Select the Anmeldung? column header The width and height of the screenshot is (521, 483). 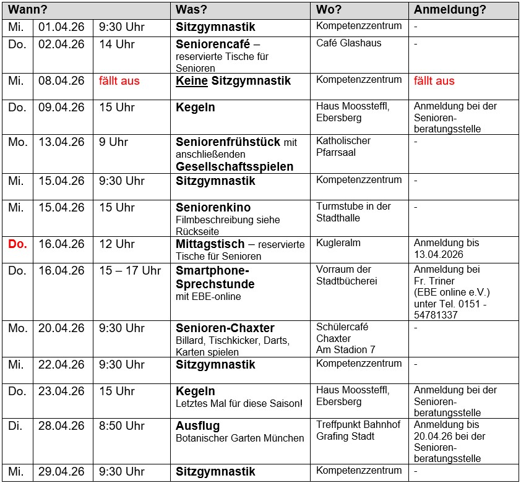450,10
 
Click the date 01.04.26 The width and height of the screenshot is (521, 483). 61,27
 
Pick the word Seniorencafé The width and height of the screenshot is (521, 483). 213,45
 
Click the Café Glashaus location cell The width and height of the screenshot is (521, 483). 348,43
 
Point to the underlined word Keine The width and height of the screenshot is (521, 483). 192,81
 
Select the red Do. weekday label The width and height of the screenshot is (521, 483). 18,244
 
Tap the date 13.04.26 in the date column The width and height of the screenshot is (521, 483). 61,142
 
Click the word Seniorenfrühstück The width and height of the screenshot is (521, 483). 228,142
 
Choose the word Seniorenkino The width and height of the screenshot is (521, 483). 213,208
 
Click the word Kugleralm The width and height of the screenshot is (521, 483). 338,243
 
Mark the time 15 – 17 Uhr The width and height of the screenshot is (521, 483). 130,271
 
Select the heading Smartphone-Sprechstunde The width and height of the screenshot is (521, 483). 215,278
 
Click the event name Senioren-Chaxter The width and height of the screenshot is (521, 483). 225,328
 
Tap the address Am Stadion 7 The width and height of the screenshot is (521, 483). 345,349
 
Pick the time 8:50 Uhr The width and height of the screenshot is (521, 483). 121,426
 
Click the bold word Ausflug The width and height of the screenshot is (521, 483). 197,427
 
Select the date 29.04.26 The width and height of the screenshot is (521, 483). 61,472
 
